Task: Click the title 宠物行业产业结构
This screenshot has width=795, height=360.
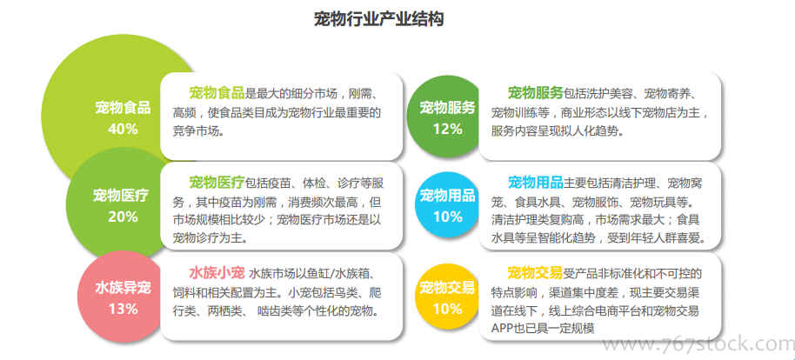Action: (378, 19)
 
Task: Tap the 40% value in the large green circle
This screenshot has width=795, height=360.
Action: (123, 130)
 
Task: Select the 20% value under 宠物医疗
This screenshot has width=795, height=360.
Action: (123, 217)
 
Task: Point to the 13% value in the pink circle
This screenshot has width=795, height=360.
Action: (123, 309)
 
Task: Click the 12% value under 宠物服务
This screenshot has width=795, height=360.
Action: (448, 130)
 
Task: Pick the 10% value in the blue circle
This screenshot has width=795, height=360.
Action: (448, 217)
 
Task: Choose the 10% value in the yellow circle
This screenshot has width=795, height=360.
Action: (448, 309)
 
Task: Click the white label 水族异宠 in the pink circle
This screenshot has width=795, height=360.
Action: (123, 288)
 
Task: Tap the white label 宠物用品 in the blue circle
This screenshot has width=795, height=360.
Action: (448, 195)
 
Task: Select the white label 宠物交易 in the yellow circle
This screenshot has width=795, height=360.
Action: (448, 288)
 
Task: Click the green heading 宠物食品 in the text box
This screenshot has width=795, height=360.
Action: (217, 93)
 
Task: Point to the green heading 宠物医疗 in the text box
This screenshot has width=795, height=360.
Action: (217, 182)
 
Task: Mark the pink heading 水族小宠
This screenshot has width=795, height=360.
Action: (217, 273)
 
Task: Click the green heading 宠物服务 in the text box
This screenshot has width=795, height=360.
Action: (536, 93)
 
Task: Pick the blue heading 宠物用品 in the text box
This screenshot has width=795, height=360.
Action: (536, 182)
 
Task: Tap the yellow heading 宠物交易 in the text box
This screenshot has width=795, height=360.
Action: (536, 273)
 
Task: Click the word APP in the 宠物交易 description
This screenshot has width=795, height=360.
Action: (504, 328)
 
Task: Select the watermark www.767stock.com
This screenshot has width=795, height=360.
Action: (698, 344)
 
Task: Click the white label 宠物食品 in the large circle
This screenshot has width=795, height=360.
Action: (123, 108)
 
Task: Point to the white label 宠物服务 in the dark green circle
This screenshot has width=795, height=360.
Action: (448, 108)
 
